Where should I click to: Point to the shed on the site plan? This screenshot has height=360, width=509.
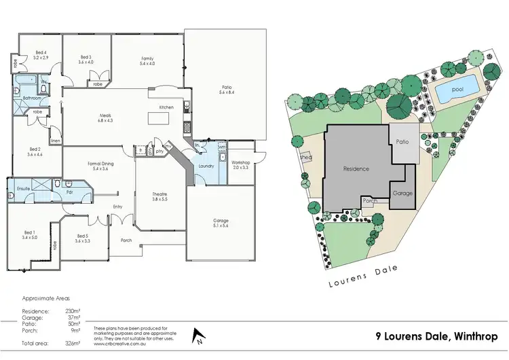click(304, 156)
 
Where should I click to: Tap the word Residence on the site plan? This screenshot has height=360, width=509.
click(356, 168)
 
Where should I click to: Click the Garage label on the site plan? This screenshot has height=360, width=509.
click(402, 193)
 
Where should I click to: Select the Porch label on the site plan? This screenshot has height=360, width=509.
click(370, 201)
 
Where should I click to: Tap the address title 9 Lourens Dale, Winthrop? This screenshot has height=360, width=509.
click(436, 336)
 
